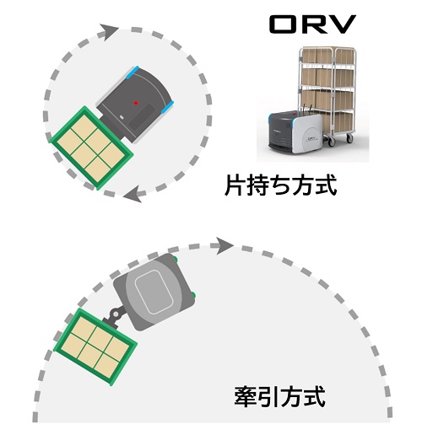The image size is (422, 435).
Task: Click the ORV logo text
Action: [313, 24]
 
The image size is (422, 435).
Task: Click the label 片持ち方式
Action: [281, 185]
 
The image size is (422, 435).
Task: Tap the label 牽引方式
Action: [280, 396]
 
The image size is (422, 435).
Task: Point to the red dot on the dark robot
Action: [136, 103]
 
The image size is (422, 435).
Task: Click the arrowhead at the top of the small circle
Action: [109, 32]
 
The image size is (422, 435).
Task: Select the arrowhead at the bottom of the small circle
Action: [133, 194]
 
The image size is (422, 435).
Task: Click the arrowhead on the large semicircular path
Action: [225, 245]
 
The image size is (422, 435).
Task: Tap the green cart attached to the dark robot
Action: [91, 148]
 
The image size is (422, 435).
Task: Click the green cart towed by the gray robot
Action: [95, 346]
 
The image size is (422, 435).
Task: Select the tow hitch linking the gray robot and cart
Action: [115, 316]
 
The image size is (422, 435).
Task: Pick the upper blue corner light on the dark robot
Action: [132, 72]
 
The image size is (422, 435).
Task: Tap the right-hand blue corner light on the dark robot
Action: [167, 107]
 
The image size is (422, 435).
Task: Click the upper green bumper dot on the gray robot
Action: [175, 258]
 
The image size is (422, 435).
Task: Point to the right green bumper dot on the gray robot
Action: [193, 295]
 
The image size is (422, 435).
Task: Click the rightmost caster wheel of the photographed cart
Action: [349, 138]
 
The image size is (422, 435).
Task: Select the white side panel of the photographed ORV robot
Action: [307, 134]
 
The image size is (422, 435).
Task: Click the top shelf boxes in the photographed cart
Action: [327, 56]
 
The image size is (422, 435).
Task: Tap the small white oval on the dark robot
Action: [122, 117]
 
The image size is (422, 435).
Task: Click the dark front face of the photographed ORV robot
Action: [280, 136]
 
